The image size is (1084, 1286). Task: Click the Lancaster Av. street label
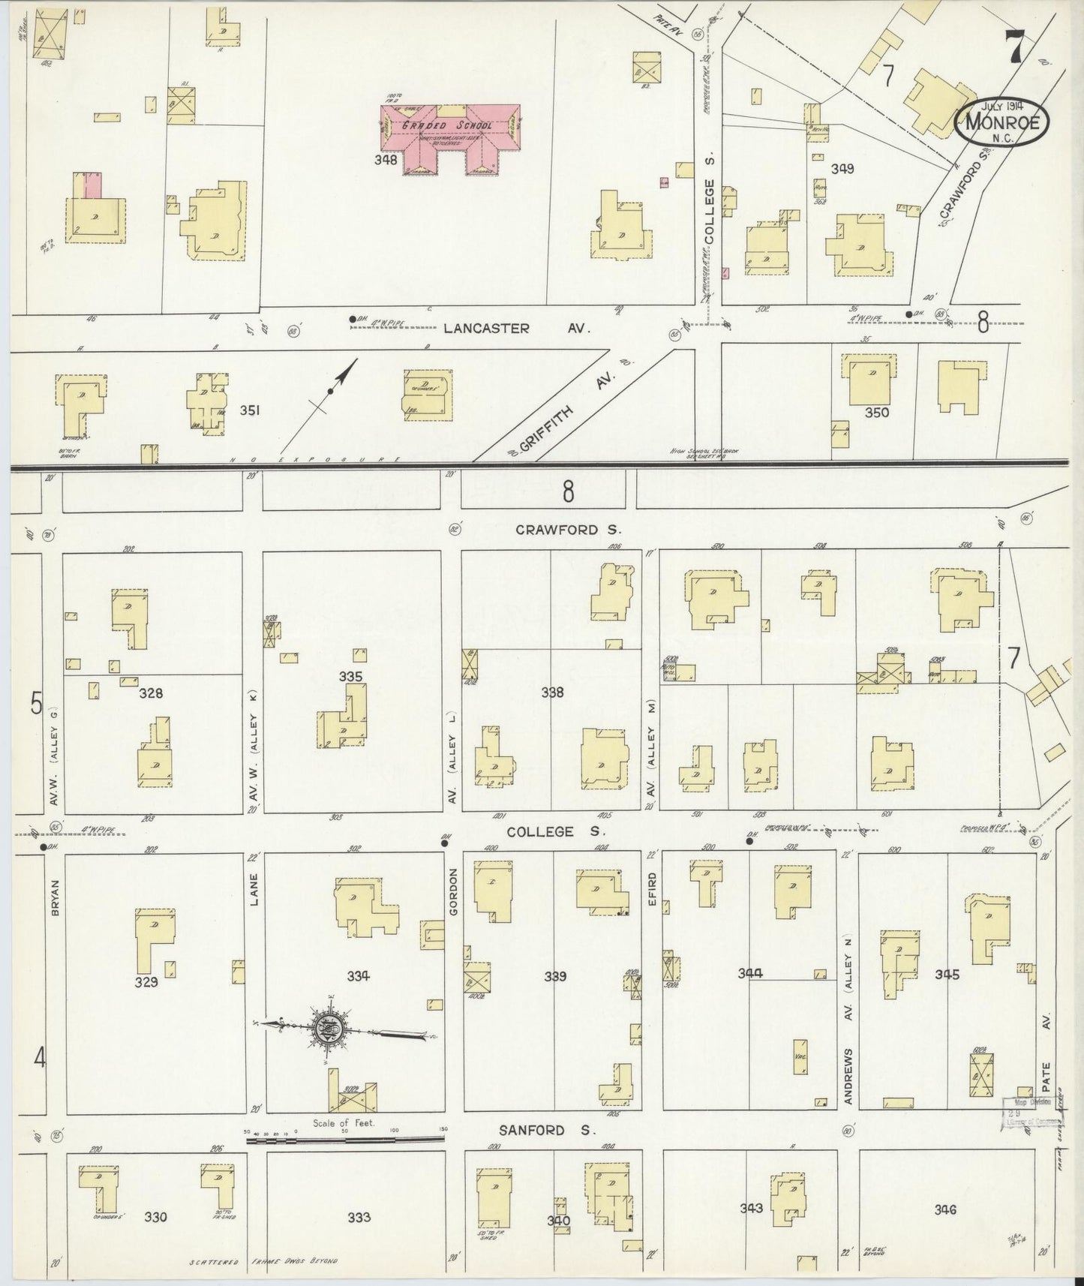click(x=517, y=328)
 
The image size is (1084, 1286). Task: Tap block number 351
click(x=250, y=410)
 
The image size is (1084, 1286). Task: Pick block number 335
click(x=350, y=677)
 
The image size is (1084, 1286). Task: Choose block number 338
click(x=552, y=693)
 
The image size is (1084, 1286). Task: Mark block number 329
click(x=146, y=981)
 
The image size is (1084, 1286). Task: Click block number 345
click(x=947, y=975)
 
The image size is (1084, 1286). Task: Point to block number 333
click(x=359, y=1217)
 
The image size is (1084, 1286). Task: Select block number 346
click(x=945, y=1209)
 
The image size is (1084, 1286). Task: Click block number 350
click(x=876, y=412)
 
